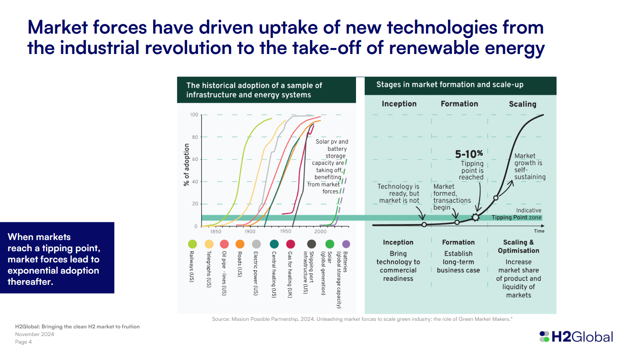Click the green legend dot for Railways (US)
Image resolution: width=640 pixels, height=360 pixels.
tap(192, 244)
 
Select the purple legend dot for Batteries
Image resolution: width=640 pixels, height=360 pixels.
tap(346, 244)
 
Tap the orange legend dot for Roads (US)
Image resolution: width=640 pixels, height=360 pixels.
tap(240, 244)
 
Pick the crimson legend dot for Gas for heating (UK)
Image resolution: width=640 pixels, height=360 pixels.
tap(291, 244)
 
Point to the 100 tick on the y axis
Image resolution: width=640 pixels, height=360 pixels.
tap(194, 115)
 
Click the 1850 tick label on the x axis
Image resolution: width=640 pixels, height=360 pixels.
tap(216, 232)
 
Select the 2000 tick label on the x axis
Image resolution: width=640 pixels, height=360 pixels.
tap(320, 232)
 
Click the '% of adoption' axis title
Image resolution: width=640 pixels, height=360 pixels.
tap(186, 165)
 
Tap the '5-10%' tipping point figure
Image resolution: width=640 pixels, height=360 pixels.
tap(469, 154)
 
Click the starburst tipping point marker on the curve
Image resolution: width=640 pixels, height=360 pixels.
tap(475, 217)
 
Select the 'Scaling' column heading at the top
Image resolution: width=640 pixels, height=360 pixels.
tap(522, 104)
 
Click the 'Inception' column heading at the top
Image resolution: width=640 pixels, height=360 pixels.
tap(399, 104)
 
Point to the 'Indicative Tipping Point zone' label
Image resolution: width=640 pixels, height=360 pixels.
tap(517, 214)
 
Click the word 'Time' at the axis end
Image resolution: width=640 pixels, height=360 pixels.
tap(539, 231)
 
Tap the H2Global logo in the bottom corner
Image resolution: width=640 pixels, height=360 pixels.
tap(576, 337)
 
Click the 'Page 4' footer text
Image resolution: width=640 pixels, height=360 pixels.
tap(23, 342)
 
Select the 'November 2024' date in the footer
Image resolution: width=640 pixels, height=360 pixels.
tap(34, 334)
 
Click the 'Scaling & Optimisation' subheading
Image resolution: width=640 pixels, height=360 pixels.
tap(518, 246)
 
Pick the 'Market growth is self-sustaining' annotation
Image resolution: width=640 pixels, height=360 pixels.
tap(530, 166)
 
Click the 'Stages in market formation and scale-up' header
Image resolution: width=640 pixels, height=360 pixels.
tap(450, 85)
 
